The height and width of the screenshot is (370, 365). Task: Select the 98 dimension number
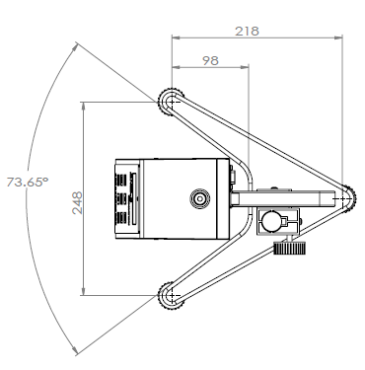click(208, 60)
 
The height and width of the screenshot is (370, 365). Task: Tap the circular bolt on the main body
click(201, 198)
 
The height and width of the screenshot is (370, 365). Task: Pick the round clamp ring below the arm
click(274, 223)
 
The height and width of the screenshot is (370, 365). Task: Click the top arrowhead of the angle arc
click(76, 43)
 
